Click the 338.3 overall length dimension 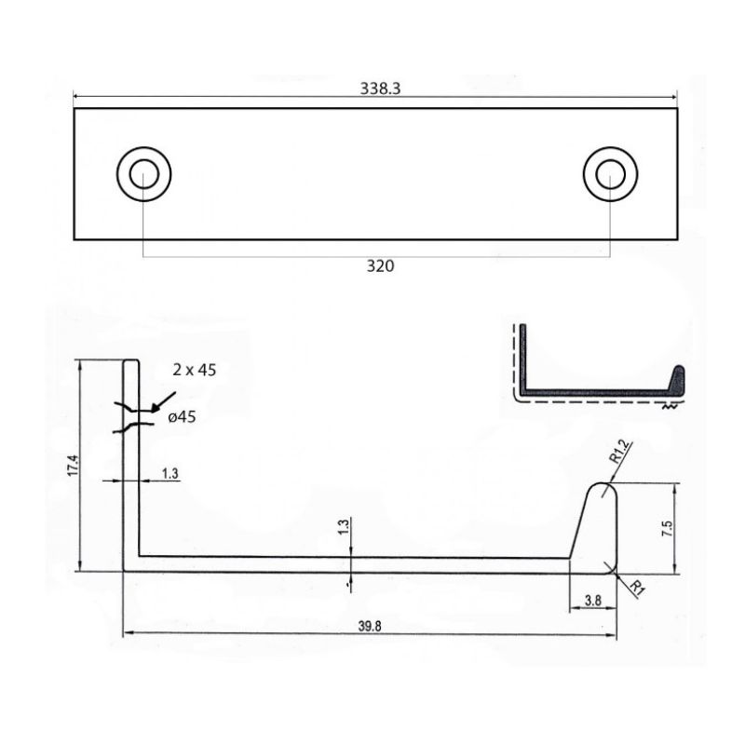380,88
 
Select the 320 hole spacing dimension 380,266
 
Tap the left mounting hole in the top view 144,174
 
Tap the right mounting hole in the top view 611,174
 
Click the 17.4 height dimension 74,466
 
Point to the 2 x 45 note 195,370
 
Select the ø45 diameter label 182,417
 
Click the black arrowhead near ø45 156,407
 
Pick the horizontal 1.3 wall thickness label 169,474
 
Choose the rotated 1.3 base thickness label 344,527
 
